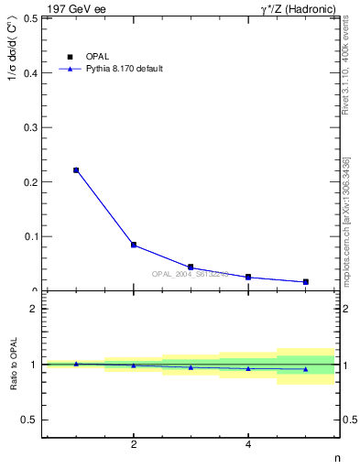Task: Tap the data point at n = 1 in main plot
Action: pyautogui.click(x=76, y=169)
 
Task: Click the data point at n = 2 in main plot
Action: pyautogui.click(x=134, y=245)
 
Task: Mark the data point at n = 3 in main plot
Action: pyautogui.click(x=191, y=267)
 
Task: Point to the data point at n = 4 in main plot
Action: pyautogui.click(x=248, y=277)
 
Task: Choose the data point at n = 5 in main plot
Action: pyautogui.click(x=305, y=281)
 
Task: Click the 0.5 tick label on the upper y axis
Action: pyautogui.click(x=30, y=18)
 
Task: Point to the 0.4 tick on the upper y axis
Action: pyautogui.click(x=30, y=72)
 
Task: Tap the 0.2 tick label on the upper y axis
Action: pyautogui.click(x=30, y=181)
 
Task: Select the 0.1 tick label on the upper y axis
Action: pyautogui.click(x=30, y=236)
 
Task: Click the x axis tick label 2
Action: pyautogui.click(x=134, y=446)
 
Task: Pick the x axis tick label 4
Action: pyautogui.click(x=248, y=446)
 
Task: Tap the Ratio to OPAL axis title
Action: pyautogui.click(x=13, y=365)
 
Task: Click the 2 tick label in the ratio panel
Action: pyautogui.click(x=34, y=309)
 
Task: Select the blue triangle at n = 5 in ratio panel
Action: pyautogui.click(x=305, y=369)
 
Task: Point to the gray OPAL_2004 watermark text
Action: pyautogui.click(x=190, y=274)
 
